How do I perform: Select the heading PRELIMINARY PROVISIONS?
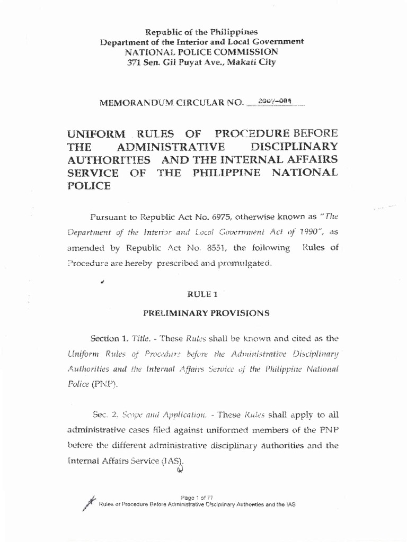[x=206, y=313]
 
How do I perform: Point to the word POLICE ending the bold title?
[x=89, y=186]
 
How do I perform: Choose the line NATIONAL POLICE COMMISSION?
[x=201, y=52]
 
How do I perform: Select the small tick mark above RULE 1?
[x=101, y=283]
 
